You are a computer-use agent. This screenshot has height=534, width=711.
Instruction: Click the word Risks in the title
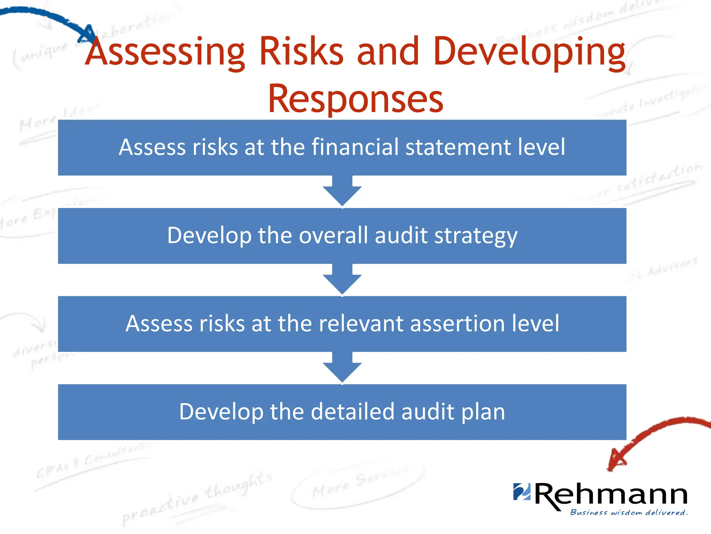point(301,52)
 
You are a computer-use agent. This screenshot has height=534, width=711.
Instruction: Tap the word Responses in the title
point(355,99)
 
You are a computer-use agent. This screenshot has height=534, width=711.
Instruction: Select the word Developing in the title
point(529,52)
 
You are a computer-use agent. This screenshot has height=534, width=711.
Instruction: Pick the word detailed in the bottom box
point(353,412)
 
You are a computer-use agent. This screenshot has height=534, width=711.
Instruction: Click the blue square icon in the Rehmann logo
point(522,492)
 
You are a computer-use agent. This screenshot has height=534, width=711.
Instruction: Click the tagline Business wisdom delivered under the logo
point(628,512)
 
